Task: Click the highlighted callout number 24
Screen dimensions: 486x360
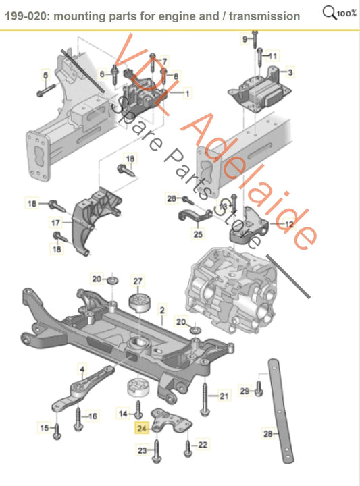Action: (x=141, y=427)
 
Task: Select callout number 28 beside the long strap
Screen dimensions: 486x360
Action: (x=267, y=434)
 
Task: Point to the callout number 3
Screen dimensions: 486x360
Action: (x=290, y=72)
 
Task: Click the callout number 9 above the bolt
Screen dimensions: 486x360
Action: (x=245, y=40)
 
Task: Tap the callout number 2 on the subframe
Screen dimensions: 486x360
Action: (x=162, y=310)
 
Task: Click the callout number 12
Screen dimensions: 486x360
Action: (x=289, y=224)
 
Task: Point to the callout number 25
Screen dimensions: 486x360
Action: (x=198, y=235)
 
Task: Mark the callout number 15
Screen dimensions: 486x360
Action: (x=45, y=428)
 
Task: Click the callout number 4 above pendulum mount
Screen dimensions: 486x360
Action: (x=82, y=369)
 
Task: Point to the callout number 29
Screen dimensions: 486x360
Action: (x=245, y=391)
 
